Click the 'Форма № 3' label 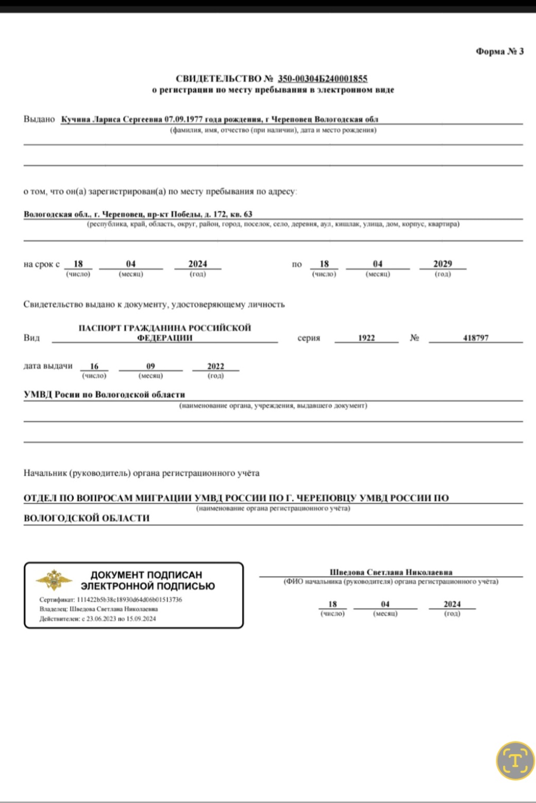[x=499, y=52]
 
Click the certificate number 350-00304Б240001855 [x=323, y=79]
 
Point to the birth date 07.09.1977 [x=183, y=119]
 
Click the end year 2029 [x=442, y=264]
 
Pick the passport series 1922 [x=366, y=338]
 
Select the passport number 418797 [x=476, y=338]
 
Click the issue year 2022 [x=215, y=366]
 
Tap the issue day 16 [x=94, y=366]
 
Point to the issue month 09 [x=150, y=366]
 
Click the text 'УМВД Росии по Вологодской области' [x=105, y=395]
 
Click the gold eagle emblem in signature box [x=54, y=580]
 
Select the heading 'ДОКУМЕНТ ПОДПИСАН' [x=146, y=575]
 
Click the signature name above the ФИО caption [x=391, y=572]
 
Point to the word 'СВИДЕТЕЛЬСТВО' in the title [x=219, y=79]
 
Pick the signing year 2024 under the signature [x=452, y=604]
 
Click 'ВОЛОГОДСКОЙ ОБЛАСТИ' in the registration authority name [x=87, y=518]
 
